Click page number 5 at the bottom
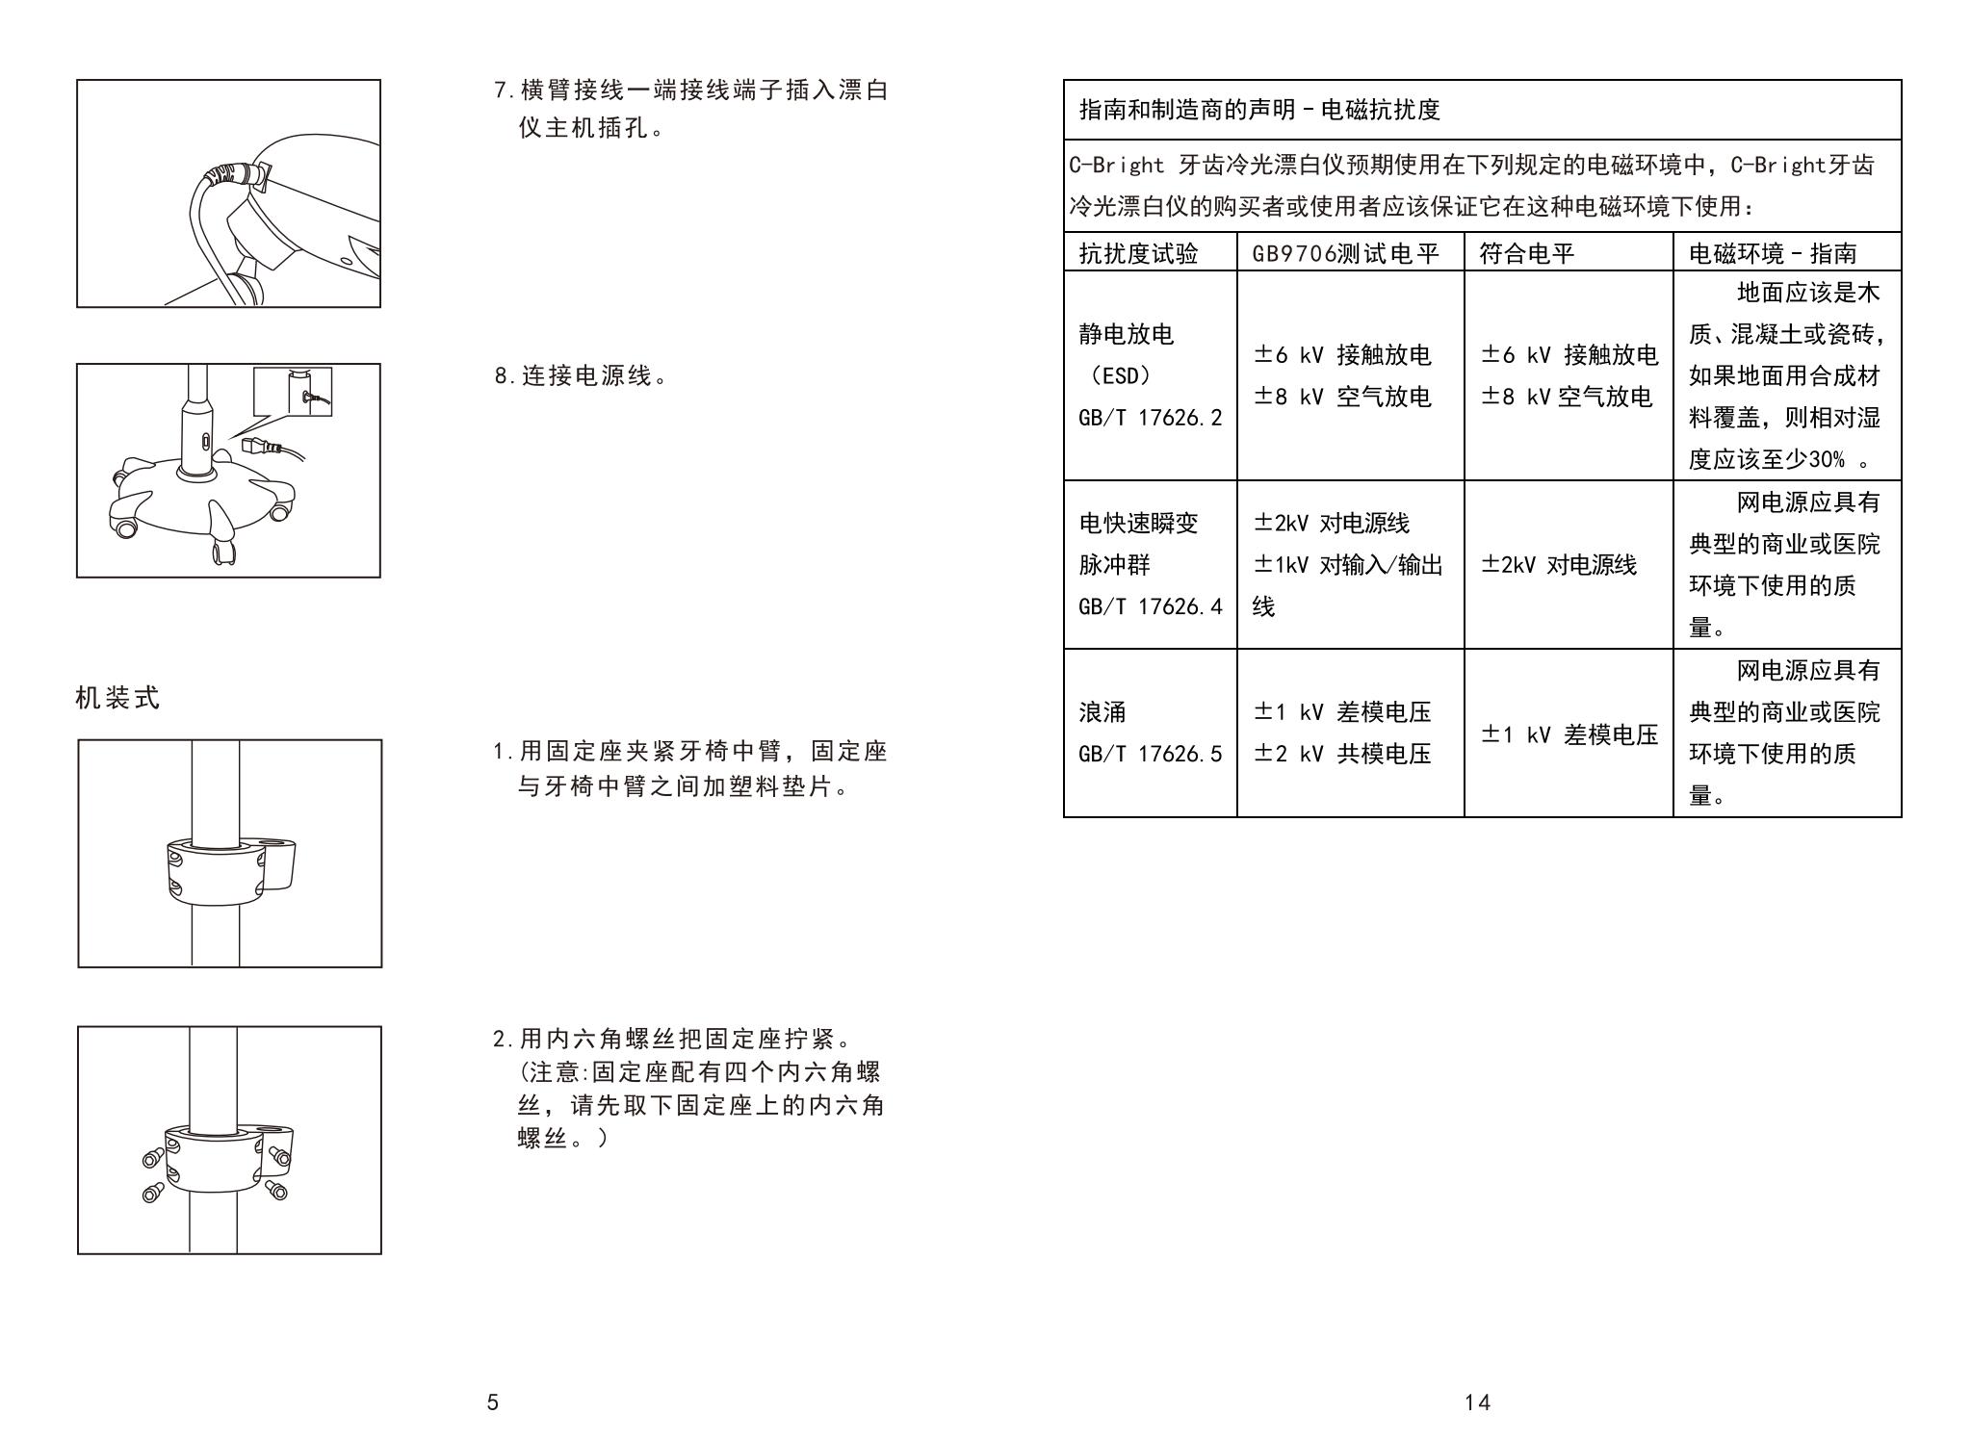tap(492, 1402)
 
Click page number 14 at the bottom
tap(1477, 1402)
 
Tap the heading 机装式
tap(117, 698)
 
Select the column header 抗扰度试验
tap(1138, 253)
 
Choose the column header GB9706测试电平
tap(1345, 253)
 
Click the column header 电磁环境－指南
tap(1773, 253)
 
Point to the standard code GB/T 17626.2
tap(1150, 417)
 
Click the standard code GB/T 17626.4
tap(1150, 606)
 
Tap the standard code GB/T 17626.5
tap(1150, 754)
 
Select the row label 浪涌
tap(1102, 712)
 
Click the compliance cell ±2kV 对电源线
tap(1558, 565)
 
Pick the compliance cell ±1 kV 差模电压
tap(1569, 735)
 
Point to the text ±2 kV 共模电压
tap(1342, 754)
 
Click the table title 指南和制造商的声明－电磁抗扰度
tap(1259, 110)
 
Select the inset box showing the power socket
tap(293, 392)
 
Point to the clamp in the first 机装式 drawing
tap(229, 869)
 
